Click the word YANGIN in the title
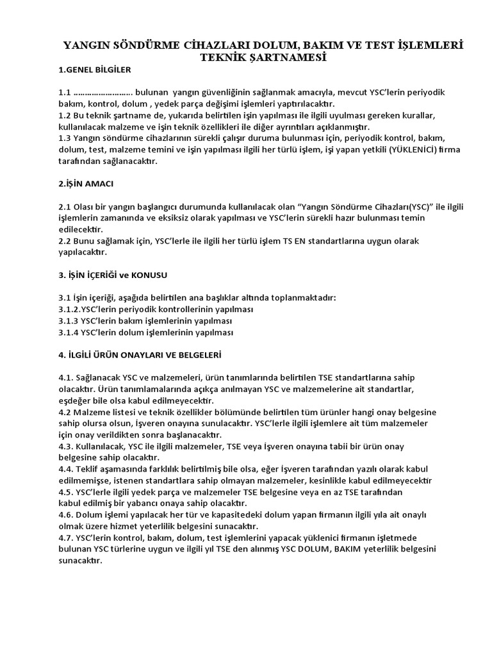coord(85,45)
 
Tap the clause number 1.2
coord(65,115)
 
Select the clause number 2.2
coord(65,241)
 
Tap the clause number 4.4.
coord(67,469)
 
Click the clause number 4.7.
coord(67,537)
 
